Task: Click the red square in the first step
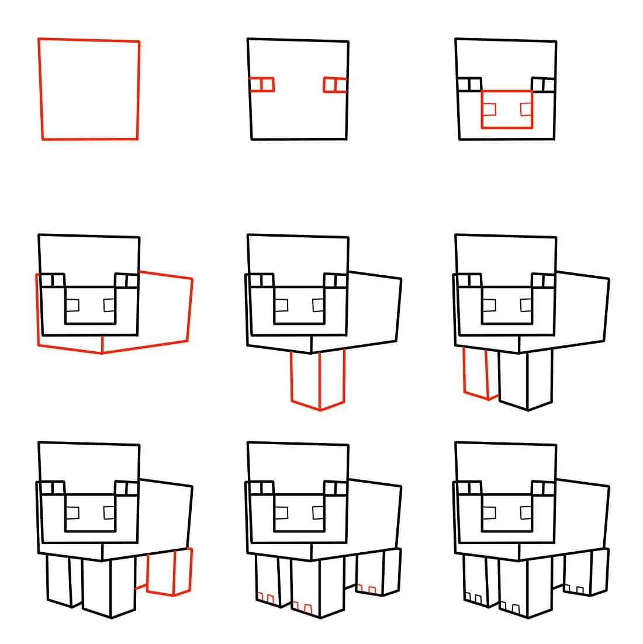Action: [89, 89]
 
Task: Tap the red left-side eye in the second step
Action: [261, 85]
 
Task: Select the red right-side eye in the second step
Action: [335, 85]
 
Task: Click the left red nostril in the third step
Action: [490, 109]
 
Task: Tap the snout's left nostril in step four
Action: [72, 305]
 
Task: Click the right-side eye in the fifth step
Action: [336, 281]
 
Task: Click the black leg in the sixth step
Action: [526, 380]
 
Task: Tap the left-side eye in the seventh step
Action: [51, 488]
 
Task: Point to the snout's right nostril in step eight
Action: [318, 513]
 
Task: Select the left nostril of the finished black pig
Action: [490, 513]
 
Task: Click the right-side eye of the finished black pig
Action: [544, 488]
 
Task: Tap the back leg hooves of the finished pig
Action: [576, 588]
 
